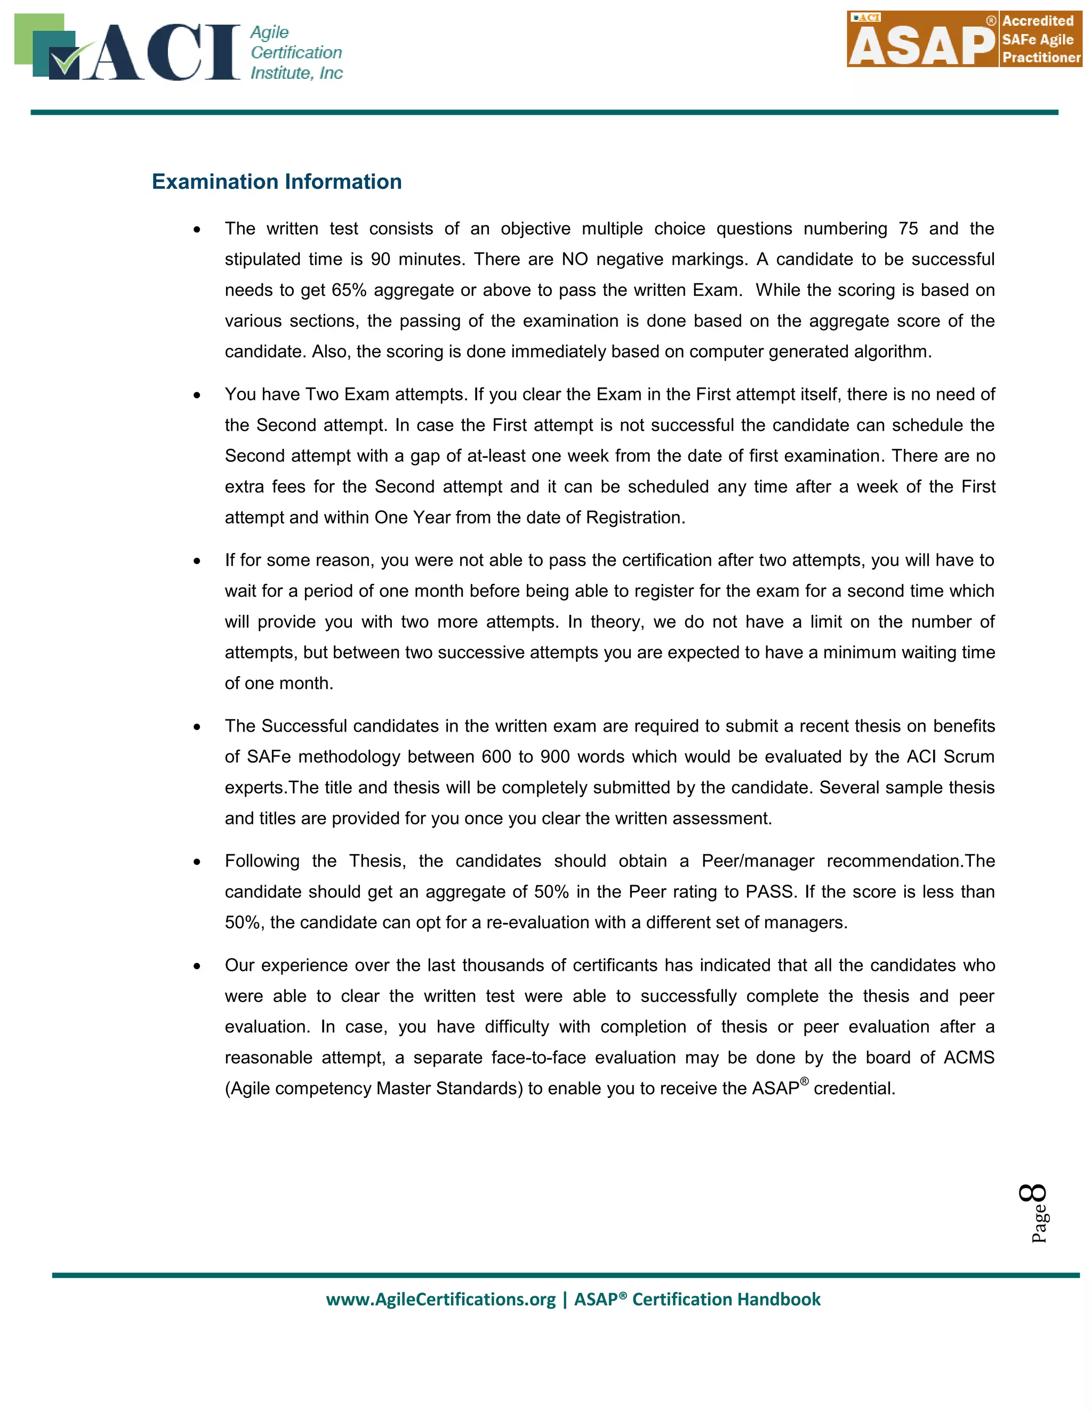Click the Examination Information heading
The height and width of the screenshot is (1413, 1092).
tap(276, 182)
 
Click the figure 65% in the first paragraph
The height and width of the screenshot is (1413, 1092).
tap(349, 290)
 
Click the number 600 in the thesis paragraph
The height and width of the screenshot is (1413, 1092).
tap(496, 757)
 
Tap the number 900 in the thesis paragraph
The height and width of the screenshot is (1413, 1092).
tap(555, 757)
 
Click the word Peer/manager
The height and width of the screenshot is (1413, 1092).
tap(758, 861)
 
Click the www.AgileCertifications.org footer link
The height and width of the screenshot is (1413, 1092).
tap(440, 1300)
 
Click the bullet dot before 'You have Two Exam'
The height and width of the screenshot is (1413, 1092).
tap(197, 395)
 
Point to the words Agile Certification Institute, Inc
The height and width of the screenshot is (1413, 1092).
tap(295, 52)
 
